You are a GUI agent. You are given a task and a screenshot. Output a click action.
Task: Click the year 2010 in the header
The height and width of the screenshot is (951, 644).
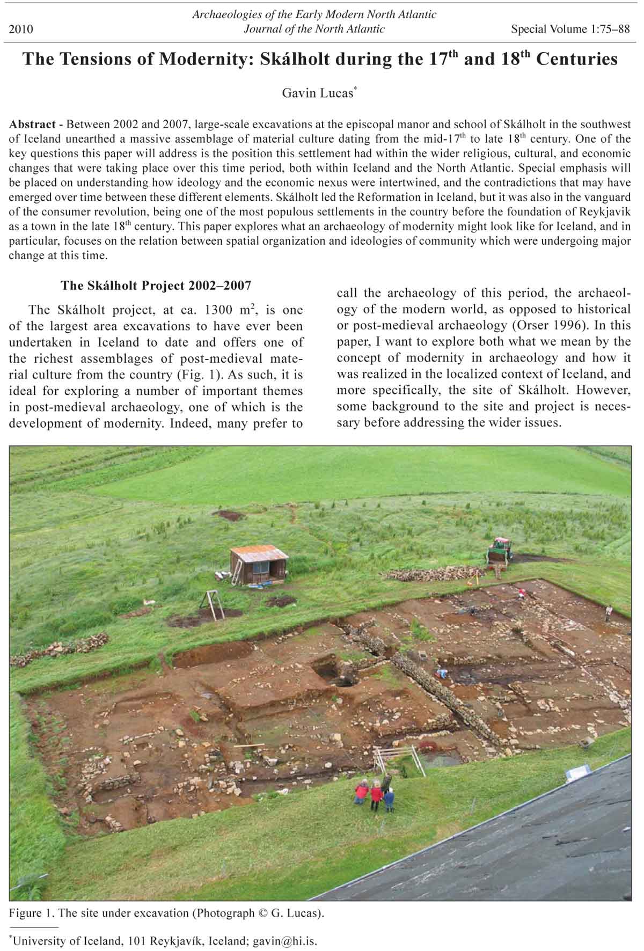point(21,29)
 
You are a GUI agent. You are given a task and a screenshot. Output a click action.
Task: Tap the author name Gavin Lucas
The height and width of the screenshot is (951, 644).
point(317,93)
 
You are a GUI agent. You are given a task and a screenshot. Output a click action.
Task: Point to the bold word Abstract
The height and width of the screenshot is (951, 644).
point(32,125)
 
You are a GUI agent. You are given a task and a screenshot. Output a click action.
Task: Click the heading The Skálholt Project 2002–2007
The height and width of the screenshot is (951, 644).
point(156,285)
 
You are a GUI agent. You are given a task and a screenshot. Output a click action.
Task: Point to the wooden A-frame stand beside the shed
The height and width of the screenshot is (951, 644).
point(213,604)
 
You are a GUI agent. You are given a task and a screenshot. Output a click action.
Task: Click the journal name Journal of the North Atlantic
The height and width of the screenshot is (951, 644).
point(314,29)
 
